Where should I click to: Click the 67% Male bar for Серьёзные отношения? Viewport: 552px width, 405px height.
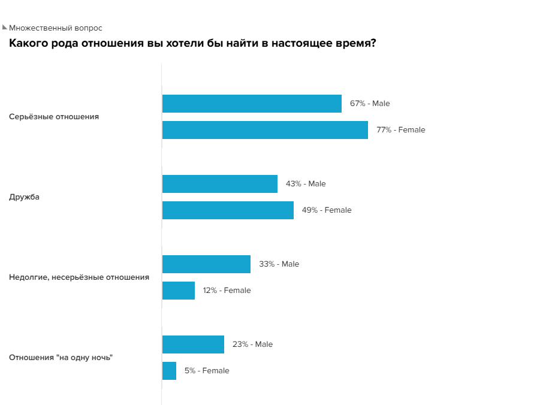tap(252, 104)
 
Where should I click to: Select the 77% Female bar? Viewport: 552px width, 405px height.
tap(265, 130)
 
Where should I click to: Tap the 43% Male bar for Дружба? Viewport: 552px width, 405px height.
tap(220, 184)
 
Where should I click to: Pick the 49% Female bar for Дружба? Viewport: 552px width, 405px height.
tap(228, 210)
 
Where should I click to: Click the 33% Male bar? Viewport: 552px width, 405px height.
tap(206, 264)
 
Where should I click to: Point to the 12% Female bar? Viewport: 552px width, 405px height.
tap(179, 291)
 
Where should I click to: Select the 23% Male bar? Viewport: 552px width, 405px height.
tap(193, 344)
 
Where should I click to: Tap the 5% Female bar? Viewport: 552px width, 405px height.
tap(169, 371)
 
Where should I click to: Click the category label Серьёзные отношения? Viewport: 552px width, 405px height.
tap(54, 117)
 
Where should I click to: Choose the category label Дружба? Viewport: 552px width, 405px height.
tap(24, 197)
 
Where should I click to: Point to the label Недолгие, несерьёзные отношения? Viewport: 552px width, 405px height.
tap(79, 277)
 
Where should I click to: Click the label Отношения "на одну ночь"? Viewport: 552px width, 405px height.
tap(61, 358)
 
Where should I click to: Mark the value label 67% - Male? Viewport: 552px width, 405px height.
tap(370, 104)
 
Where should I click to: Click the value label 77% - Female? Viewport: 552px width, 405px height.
tap(401, 130)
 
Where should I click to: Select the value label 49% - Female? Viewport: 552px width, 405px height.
tap(327, 210)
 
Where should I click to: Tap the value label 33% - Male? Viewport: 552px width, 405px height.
tap(279, 264)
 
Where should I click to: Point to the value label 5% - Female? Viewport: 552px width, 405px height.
tap(207, 371)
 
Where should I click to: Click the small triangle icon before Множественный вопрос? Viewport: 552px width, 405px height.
tap(5, 27)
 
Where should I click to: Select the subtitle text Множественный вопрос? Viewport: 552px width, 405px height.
tap(56, 28)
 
